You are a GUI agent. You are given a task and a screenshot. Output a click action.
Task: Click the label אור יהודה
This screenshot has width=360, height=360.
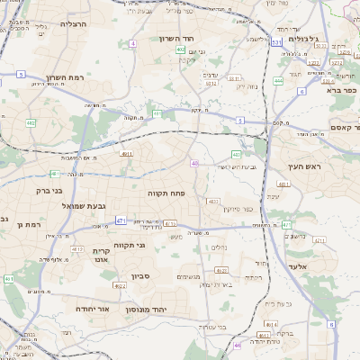(93, 308)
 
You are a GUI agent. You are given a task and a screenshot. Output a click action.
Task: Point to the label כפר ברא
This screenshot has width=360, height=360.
(344, 90)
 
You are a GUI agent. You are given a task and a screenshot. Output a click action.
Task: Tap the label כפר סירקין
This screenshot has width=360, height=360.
(261, 209)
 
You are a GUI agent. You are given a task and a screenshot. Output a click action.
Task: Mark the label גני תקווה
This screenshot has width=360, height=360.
(130, 245)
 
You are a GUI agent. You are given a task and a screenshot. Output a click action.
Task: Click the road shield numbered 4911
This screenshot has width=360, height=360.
(127, 154)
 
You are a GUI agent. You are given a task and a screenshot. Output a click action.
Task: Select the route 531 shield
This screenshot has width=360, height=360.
(276, 41)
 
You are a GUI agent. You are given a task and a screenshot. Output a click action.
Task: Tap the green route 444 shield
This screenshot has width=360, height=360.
(279, 80)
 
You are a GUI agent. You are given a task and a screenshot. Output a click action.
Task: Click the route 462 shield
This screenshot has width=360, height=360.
(31, 122)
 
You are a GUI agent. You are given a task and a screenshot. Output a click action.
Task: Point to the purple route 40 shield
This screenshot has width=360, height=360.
(194, 163)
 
